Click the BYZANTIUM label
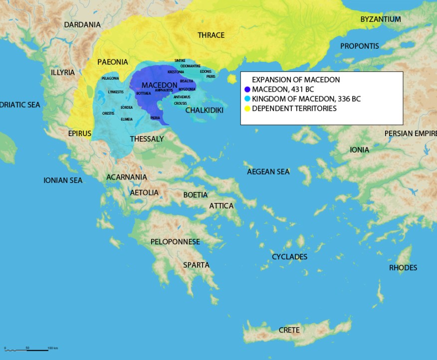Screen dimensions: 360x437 [381, 19]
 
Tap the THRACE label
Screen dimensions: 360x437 [211, 35]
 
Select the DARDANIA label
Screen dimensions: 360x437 [82, 24]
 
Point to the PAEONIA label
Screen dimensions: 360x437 [112, 62]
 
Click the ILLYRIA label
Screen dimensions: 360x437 [63, 72]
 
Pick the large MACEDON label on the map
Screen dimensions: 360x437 [159, 85]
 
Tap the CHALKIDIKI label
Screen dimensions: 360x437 [204, 110]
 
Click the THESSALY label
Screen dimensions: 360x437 [147, 139]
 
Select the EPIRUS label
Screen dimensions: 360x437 [80, 134]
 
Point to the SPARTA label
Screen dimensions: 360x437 [196, 265]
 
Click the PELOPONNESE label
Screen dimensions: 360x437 [175, 242]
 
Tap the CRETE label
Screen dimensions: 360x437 [289, 330]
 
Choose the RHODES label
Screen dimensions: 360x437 [403, 268]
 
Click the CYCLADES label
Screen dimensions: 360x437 [289, 257]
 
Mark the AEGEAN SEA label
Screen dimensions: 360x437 [268, 172]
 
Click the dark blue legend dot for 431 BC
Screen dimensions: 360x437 [247, 90]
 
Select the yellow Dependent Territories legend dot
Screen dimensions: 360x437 [247, 109]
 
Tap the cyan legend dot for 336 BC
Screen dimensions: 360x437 [247, 99]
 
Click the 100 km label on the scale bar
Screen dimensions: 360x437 [53, 348]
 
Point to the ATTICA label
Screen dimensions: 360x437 [221, 205]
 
